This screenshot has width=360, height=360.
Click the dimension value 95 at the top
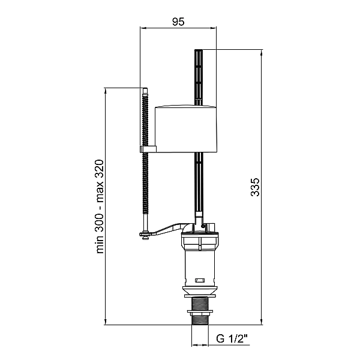(x=178, y=22)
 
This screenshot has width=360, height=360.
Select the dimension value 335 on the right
(x=255, y=187)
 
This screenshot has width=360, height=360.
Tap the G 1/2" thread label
(x=232, y=338)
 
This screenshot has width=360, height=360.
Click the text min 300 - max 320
(x=100, y=206)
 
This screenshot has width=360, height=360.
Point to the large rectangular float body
(x=186, y=129)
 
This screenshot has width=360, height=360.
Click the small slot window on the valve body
(x=200, y=280)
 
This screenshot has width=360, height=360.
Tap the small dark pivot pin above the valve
(x=203, y=226)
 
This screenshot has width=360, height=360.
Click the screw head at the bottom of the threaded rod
(x=145, y=236)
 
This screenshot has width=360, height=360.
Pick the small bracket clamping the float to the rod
(x=148, y=149)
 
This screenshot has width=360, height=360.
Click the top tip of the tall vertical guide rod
(x=199, y=50)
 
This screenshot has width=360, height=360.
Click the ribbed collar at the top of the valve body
(x=200, y=241)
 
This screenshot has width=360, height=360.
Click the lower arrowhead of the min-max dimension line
(x=106, y=322)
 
